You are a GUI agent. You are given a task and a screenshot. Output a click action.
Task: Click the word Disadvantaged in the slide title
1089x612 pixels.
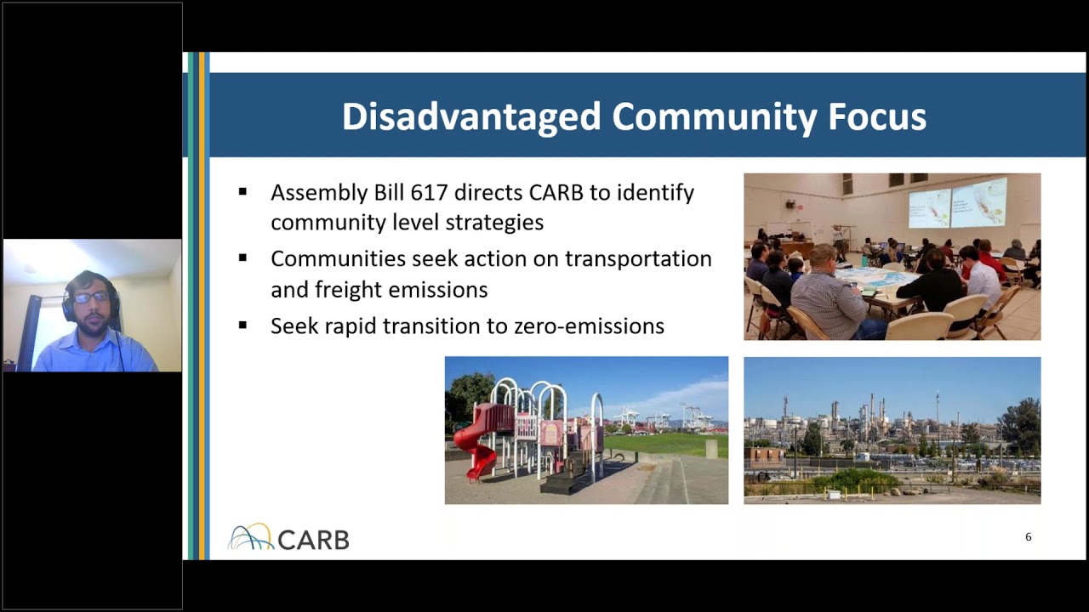pyautogui.click(x=470, y=116)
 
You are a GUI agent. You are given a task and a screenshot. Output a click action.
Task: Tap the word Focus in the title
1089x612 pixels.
pyautogui.click(x=877, y=116)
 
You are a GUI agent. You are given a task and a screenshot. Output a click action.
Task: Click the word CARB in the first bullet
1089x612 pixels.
pyautogui.click(x=556, y=193)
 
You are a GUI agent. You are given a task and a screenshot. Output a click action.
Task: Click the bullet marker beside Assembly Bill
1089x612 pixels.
pyautogui.click(x=243, y=192)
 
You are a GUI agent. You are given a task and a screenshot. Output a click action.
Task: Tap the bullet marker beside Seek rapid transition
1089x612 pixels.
pyautogui.click(x=243, y=325)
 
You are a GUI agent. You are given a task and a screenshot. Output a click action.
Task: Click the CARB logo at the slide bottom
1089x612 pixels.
pyautogui.click(x=288, y=538)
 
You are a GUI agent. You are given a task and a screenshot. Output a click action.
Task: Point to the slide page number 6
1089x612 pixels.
pyautogui.click(x=1028, y=537)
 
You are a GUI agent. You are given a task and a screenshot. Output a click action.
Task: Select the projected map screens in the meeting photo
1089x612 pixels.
pyautogui.click(x=957, y=202)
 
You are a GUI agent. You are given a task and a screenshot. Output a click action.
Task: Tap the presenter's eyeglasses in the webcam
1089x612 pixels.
pyautogui.click(x=90, y=297)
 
